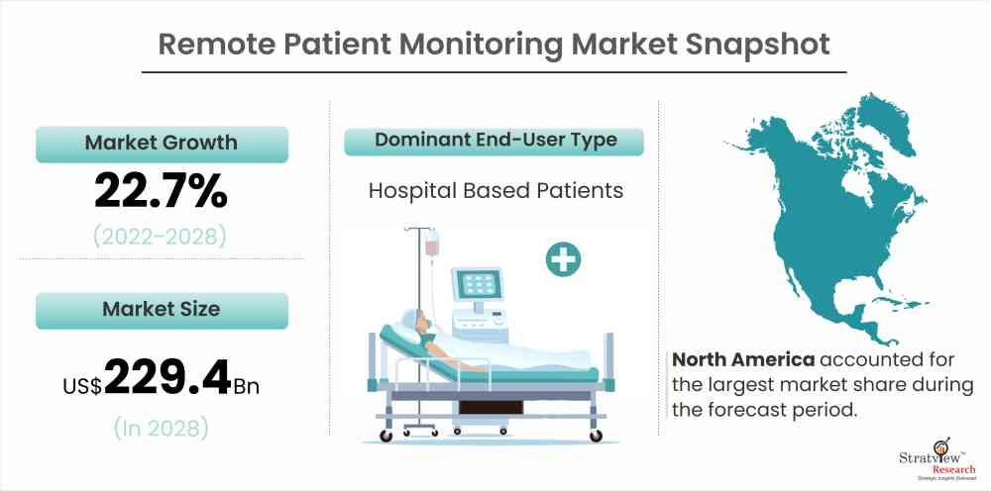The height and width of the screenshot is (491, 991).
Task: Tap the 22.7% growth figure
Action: tap(161, 191)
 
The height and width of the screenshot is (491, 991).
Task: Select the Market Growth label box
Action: tap(162, 144)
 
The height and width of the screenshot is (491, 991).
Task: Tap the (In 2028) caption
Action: tap(161, 429)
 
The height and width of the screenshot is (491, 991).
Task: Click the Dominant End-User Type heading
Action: tap(495, 141)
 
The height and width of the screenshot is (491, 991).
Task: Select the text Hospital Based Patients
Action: tap(496, 191)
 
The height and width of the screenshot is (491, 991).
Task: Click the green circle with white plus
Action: tap(563, 259)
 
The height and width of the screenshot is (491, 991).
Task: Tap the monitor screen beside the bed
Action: tap(477, 285)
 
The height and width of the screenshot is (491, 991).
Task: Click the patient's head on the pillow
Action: tap(419, 322)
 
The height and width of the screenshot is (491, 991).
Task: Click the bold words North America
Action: tap(743, 360)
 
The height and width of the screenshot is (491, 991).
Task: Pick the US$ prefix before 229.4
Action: tap(82, 386)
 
